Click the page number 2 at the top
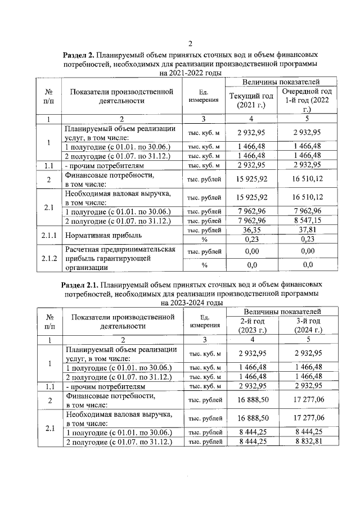pyautogui.click(x=190, y=44)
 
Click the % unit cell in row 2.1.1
pyautogui.click(x=204, y=239)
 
